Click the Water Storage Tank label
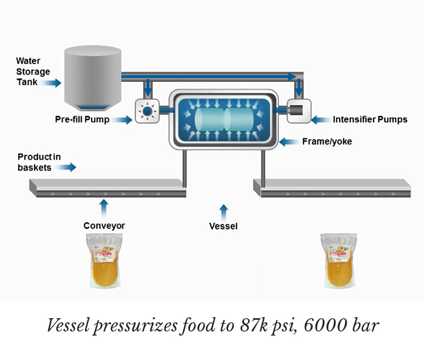click(x=33, y=71)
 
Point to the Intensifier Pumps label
click(x=370, y=120)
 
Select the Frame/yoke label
click(x=327, y=142)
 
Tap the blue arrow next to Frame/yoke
click(x=288, y=142)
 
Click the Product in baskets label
click(x=39, y=162)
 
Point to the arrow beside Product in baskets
click(x=66, y=167)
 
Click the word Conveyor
click(x=104, y=226)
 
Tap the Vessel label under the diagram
click(x=223, y=226)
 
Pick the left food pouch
click(x=104, y=260)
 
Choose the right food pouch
click(x=338, y=260)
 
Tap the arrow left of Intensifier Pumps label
click(x=320, y=120)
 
